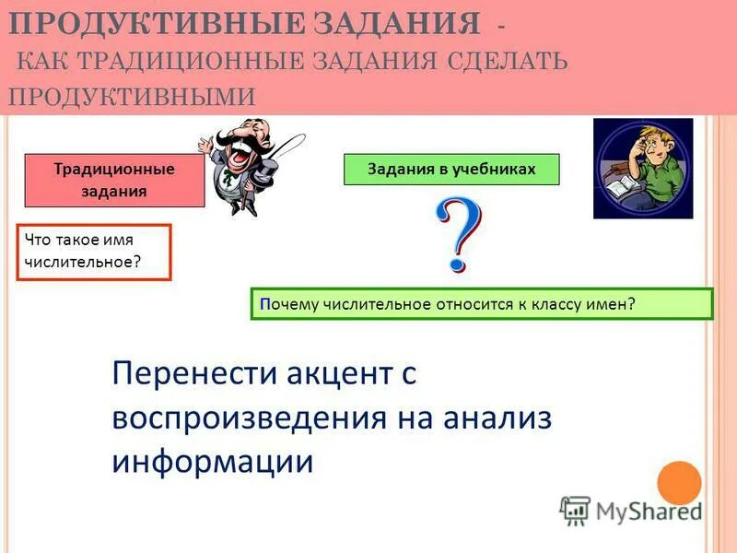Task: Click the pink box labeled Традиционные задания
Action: [114, 181]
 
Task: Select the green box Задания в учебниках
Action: [451, 170]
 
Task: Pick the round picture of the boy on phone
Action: [642, 168]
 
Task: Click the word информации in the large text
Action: [213, 460]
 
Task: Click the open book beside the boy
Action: [623, 190]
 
